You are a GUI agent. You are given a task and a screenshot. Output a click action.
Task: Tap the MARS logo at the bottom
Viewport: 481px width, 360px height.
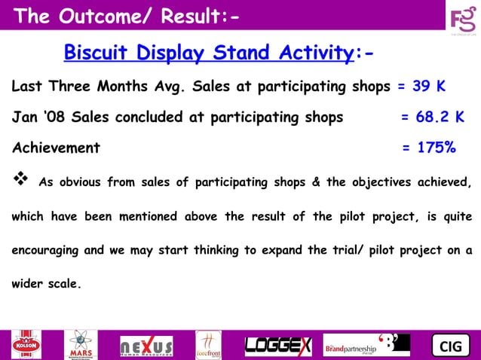(81, 345)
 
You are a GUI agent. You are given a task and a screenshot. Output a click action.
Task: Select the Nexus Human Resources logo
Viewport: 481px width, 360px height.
(146, 346)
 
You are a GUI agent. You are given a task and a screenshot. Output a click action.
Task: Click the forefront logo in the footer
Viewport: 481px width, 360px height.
(208, 345)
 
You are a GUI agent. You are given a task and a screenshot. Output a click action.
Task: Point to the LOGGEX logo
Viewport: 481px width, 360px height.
(277, 346)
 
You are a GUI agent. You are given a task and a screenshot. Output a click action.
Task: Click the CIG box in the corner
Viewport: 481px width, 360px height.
(450, 346)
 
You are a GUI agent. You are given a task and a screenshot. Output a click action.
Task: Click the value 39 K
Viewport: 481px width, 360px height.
(427, 86)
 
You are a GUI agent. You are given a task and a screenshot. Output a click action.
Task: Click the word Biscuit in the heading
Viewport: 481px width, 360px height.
(94, 53)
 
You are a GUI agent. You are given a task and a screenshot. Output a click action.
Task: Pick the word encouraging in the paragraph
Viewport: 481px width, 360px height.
(46, 251)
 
